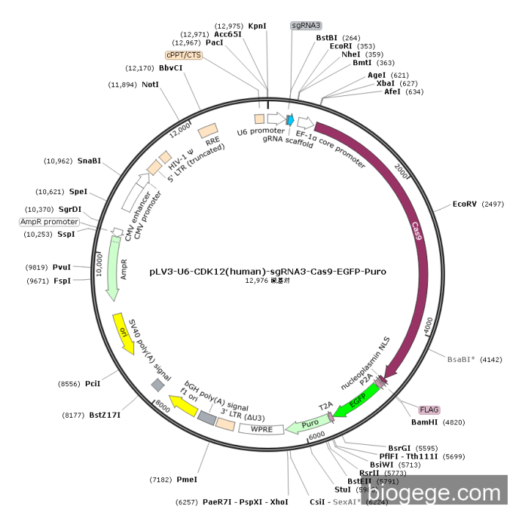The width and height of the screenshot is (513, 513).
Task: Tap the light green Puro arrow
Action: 310,424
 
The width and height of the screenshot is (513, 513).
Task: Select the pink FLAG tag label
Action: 429,410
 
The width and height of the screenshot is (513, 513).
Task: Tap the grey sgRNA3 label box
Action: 306,25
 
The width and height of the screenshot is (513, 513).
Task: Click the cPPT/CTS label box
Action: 183,55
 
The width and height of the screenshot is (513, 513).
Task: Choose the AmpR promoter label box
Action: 49,222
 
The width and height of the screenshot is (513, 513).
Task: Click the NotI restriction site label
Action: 150,85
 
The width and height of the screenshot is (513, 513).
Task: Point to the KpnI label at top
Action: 257,26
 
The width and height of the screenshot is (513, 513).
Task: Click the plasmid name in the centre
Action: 267,271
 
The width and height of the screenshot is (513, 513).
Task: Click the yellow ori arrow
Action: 123,333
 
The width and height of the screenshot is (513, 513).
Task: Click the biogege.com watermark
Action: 454,493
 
